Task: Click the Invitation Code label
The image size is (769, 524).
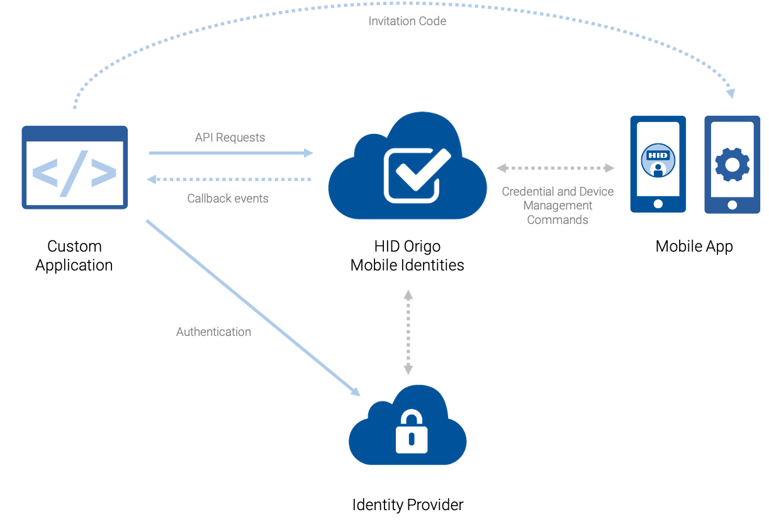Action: click(x=407, y=21)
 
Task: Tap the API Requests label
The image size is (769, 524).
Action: click(x=230, y=137)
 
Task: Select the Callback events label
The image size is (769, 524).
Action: click(x=228, y=198)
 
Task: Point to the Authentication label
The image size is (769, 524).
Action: click(x=213, y=332)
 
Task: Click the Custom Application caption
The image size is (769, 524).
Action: click(x=74, y=255)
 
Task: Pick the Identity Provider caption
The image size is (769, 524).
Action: click(x=407, y=504)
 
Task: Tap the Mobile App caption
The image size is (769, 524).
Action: click(x=694, y=246)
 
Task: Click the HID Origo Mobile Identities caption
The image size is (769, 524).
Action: click(x=407, y=255)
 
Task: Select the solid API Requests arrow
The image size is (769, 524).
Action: click(x=230, y=152)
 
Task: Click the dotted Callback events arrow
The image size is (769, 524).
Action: click(x=229, y=180)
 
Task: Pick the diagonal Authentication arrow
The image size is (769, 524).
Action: click(x=252, y=308)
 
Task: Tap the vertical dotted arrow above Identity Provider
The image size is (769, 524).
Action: click(x=408, y=332)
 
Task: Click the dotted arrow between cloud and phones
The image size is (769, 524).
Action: click(x=556, y=168)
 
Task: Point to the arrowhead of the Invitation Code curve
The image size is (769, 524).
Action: click(x=730, y=93)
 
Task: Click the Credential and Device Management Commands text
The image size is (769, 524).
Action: click(x=558, y=205)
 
